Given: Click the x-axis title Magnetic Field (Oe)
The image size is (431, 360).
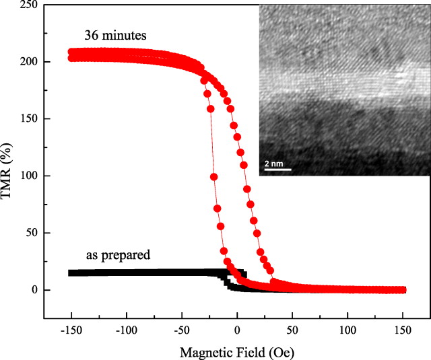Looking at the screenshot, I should pos(236,351).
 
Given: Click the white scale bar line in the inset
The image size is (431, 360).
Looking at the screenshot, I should pos(276,169).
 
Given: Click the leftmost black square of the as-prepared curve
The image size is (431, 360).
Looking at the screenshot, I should pos(71,273).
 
